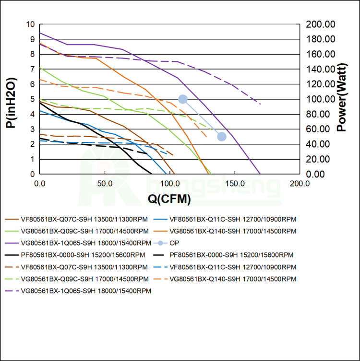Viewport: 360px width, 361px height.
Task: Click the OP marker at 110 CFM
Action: click(x=182, y=99)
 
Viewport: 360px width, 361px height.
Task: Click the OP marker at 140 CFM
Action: click(x=222, y=137)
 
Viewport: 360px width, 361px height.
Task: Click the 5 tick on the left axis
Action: click(x=32, y=99)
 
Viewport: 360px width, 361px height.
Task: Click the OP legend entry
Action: click(x=179, y=243)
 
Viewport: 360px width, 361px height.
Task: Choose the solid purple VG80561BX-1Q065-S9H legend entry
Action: click(x=79, y=243)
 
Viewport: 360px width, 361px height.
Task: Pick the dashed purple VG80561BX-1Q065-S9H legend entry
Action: click(x=79, y=291)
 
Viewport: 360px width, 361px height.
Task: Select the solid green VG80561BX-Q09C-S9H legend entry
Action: click(x=79, y=231)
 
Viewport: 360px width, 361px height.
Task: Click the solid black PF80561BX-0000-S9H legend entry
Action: click(x=79, y=255)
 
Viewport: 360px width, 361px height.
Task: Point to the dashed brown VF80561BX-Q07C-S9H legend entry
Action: click(x=79, y=267)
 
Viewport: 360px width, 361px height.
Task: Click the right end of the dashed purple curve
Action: click(x=261, y=104)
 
